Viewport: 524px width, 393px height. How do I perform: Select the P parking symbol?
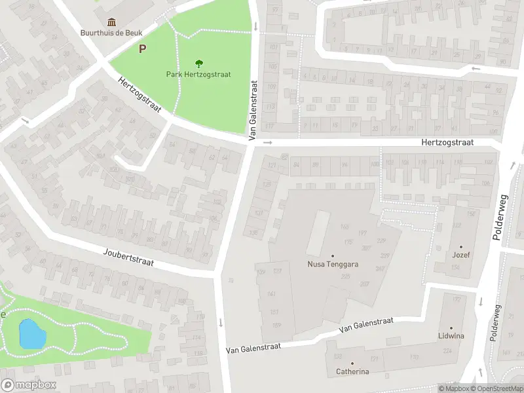[142, 48]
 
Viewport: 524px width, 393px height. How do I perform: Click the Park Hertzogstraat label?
[198, 75]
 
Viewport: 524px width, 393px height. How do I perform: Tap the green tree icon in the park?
[198, 64]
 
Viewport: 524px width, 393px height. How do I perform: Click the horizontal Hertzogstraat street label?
[456, 142]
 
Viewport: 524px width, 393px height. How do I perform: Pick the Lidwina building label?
[451, 336]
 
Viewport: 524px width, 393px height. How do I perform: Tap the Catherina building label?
[352, 372]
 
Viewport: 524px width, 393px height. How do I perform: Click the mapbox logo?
[29, 385]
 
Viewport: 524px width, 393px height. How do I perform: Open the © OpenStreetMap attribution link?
[495, 388]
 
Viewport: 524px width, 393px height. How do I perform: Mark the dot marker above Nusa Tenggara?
[332, 256]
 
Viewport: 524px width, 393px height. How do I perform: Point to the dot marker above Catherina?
[352, 363]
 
